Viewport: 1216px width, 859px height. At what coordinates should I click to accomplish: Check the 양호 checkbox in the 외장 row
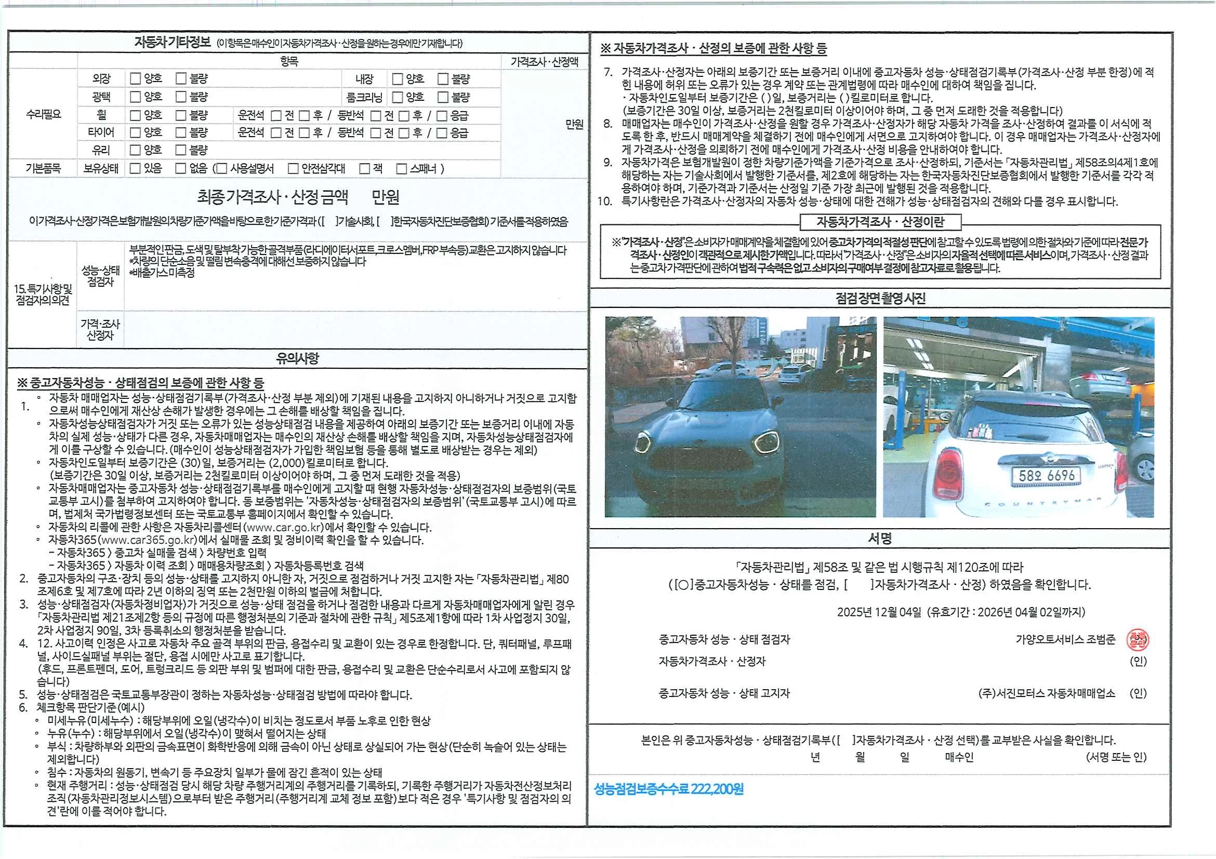point(136,79)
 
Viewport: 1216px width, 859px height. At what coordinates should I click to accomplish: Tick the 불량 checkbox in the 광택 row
point(181,97)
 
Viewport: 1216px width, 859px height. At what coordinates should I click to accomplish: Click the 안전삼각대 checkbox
point(293,169)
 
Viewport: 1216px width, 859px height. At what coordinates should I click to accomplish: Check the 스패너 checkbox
point(402,169)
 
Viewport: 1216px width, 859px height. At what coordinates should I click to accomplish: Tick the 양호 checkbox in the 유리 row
point(136,150)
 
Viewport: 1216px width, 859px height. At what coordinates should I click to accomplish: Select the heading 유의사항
point(297,359)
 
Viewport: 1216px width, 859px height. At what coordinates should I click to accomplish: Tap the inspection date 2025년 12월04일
point(879,612)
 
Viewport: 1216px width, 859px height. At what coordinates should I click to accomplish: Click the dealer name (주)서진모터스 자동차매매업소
point(1047,693)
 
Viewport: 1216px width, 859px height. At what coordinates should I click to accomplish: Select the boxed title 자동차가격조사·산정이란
point(880,222)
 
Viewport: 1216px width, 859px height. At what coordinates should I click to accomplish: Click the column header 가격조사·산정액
point(544,62)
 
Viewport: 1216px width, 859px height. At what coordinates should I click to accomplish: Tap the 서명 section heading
point(880,539)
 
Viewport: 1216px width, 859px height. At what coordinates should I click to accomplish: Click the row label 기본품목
point(43,169)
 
